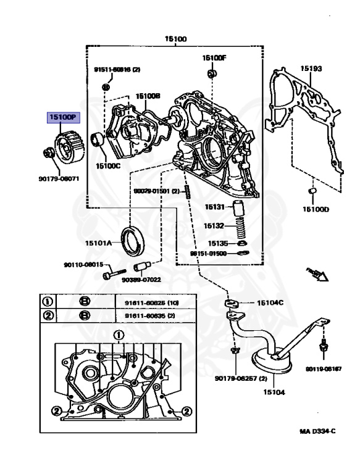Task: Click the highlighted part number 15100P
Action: pos(63,116)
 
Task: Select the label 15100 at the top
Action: pos(175,38)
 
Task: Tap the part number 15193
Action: pos(311,69)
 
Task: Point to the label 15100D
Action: pos(315,209)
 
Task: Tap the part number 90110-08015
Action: pos(83,265)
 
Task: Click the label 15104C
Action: pos(270,302)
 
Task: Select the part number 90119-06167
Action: pos(324,368)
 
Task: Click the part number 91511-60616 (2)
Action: pos(117,70)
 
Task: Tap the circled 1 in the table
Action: pos(46,302)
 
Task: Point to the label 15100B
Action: pos(148,96)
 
